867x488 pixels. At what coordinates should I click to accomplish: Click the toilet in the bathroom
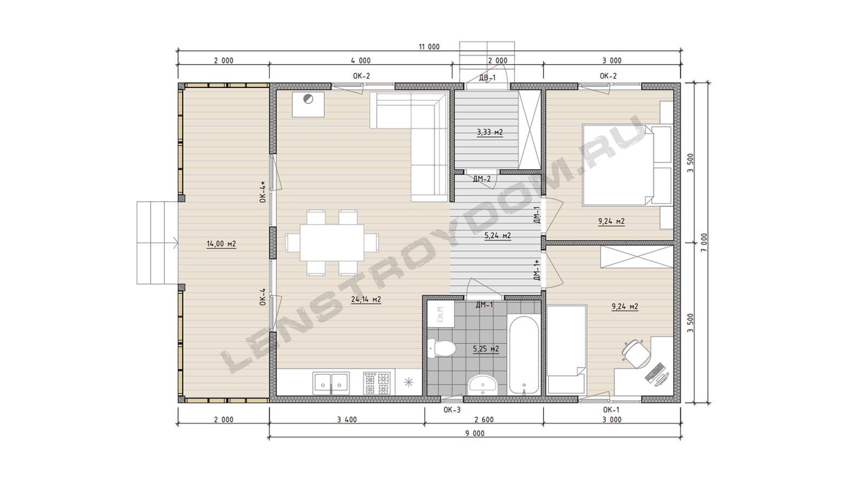tap(441, 348)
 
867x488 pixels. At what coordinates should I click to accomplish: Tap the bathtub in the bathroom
tap(523, 355)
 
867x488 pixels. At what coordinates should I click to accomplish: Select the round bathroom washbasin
tap(483, 385)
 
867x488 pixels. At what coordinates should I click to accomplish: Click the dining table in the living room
tap(332, 242)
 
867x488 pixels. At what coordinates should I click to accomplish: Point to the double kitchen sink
tap(331, 383)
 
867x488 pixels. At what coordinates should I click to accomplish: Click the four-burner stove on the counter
tap(377, 383)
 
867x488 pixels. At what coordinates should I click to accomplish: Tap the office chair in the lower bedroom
tap(635, 353)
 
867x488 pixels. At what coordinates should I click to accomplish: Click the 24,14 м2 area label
tap(366, 299)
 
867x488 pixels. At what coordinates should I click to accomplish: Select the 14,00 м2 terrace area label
tap(221, 244)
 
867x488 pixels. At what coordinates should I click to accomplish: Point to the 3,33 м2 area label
tap(490, 132)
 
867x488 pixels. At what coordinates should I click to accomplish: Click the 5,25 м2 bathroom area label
tap(486, 349)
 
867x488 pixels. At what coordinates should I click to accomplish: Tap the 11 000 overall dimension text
tap(429, 47)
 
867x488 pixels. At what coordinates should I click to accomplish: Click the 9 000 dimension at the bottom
tap(475, 433)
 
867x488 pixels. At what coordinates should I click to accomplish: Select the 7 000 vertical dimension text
tap(704, 242)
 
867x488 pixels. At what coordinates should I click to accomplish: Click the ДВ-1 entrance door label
tap(487, 78)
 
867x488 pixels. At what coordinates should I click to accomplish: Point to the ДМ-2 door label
tap(482, 179)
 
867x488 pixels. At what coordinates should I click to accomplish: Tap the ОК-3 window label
tap(452, 410)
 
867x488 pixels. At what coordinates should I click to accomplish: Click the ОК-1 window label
tap(611, 410)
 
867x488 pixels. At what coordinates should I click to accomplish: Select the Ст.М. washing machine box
tap(441, 314)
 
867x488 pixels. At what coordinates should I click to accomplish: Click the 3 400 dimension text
tap(347, 420)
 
